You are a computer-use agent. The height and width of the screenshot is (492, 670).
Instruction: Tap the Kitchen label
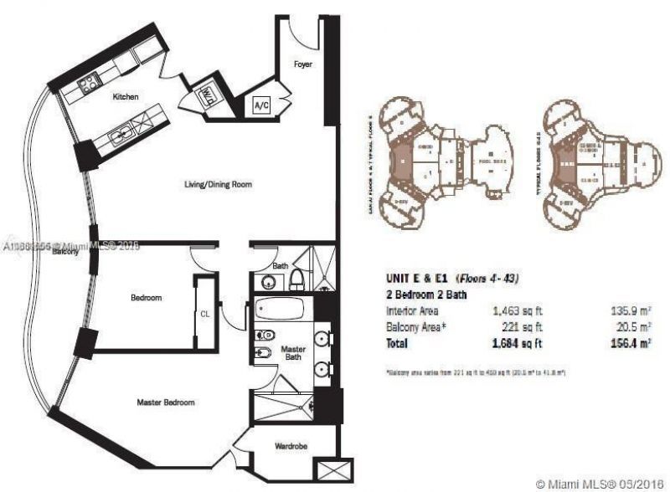coord(126,97)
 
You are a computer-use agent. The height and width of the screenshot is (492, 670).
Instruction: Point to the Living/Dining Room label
coord(219,184)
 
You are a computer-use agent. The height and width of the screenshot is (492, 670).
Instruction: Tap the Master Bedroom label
coord(166,402)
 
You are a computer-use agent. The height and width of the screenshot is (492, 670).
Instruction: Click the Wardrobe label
coord(291,447)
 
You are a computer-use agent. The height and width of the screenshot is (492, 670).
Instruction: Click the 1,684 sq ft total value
coord(516,342)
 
